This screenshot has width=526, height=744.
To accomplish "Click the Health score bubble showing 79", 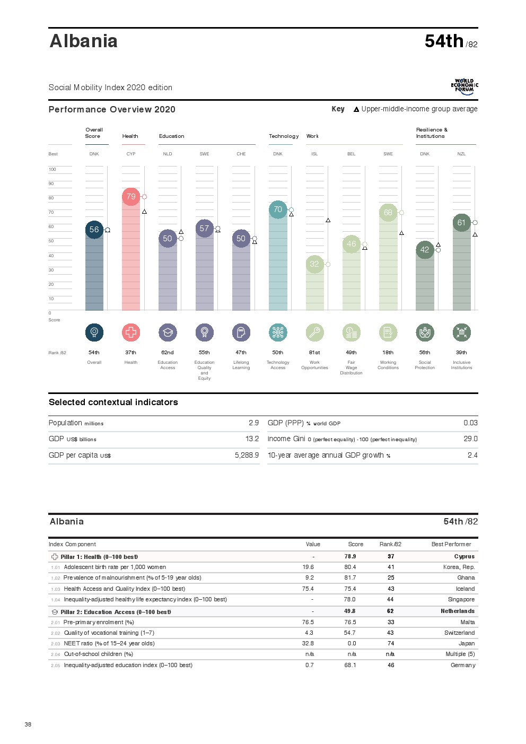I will point(131,197).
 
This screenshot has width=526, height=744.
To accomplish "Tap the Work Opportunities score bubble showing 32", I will point(314,264).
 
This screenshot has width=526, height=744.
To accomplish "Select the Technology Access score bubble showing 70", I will point(278,209).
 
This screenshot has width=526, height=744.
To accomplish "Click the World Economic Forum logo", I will point(464,86).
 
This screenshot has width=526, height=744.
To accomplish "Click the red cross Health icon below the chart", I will point(131,332).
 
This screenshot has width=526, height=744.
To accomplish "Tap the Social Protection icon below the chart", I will point(425,332).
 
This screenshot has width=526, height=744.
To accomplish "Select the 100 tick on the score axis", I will point(52,169).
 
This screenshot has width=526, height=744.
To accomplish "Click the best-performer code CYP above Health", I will point(131,154).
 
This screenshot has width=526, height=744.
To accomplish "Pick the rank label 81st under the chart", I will point(314,352).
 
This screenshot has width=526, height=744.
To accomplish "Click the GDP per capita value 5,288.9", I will point(247,455).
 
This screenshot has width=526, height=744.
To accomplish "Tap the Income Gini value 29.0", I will point(470,439).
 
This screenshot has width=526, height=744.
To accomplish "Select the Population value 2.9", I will point(253,423).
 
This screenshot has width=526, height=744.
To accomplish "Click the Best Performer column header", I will point(451,544).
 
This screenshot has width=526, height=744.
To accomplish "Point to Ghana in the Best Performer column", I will point(466,577).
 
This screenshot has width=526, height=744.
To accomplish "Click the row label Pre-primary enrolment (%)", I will point(99,622).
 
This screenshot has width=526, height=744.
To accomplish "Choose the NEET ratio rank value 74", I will point(391,643).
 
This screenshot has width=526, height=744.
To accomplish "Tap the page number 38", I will point(28,724).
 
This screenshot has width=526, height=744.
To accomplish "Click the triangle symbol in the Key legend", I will point(356,109).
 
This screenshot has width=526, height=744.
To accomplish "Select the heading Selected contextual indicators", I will point(113,402).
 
